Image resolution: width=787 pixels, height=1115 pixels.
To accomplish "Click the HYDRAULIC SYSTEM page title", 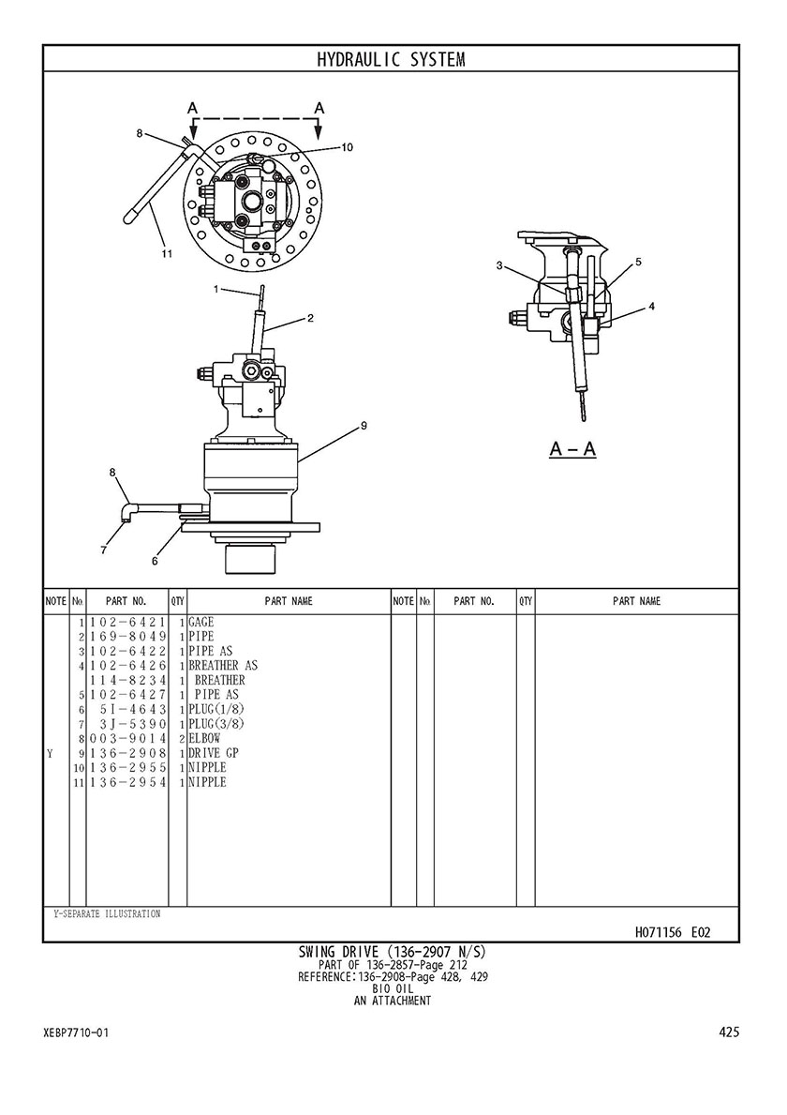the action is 391,59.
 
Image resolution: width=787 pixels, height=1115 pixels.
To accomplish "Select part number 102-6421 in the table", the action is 127,623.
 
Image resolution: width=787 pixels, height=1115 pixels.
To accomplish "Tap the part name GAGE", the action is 201,623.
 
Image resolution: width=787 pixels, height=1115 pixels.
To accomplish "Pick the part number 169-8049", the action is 127,637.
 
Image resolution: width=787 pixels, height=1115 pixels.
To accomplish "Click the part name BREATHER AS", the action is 223,666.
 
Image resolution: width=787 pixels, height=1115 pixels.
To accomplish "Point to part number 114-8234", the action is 127,681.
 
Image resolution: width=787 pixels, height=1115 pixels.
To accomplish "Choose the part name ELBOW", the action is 204,738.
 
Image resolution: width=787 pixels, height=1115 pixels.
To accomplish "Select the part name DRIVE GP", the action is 214,753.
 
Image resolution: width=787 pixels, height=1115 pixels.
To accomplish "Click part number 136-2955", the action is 127,767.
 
